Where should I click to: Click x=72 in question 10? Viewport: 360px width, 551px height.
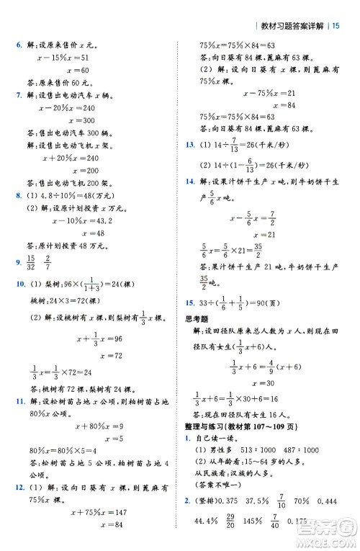coord(84,356)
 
